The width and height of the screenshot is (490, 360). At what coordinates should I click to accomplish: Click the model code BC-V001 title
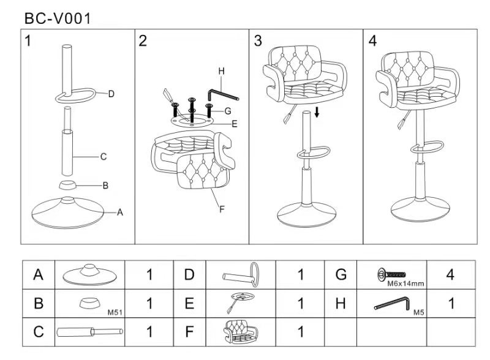(58, 18)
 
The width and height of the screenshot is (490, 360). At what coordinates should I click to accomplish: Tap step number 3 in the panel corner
(258, 41)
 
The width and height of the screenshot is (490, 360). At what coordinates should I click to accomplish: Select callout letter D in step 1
(111, 94)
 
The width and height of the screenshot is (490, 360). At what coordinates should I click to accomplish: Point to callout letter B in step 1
(105, 186)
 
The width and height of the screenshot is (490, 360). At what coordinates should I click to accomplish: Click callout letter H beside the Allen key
(221, 72)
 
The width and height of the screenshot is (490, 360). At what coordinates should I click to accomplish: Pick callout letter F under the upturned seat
(222, 209)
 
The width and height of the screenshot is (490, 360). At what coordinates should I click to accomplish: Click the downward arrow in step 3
(317, 112)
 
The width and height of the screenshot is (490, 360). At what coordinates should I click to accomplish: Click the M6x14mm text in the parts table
(405, 283)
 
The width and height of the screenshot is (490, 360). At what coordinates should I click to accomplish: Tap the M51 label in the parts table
(116, 312)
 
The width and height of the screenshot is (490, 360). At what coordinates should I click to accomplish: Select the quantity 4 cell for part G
(450, 275)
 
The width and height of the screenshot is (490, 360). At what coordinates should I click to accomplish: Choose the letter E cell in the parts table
(189, 303)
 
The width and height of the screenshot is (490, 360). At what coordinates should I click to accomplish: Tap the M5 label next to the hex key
(419, 312)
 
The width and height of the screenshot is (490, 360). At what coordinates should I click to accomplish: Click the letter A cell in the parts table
(39, 275)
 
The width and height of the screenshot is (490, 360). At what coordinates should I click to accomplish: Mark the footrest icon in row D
(241, 274)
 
